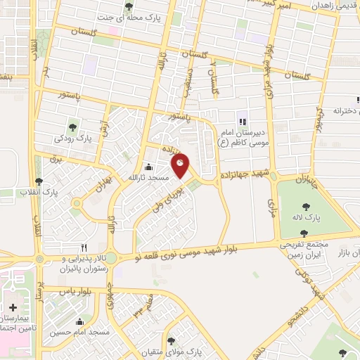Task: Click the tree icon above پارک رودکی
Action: coord(73,127)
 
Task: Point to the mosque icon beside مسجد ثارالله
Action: coord(148,167)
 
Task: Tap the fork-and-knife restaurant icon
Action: coord(84,247)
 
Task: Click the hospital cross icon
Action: coord(13,307)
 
